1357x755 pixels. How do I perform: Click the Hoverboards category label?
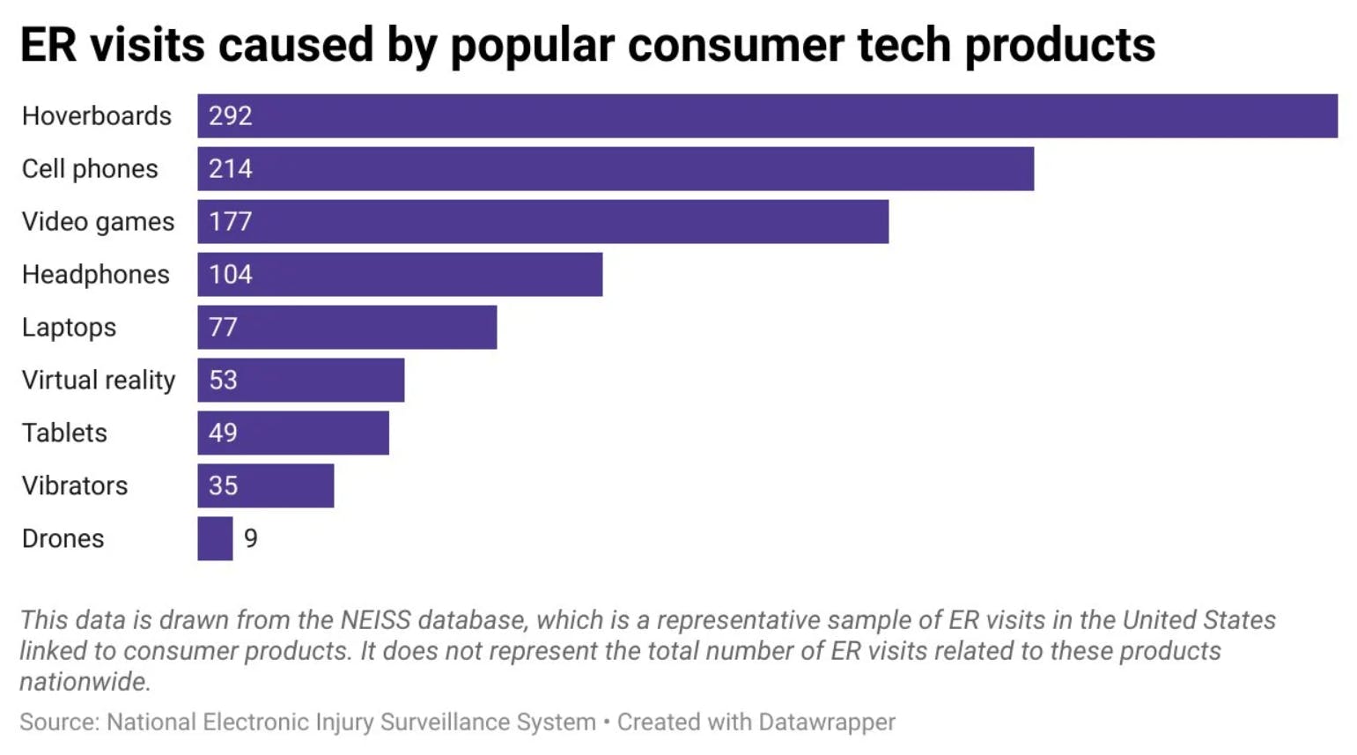tap(97, 116)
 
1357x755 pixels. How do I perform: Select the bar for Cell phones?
tap(616, 169)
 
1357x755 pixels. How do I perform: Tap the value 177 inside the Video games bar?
tap(231, 222)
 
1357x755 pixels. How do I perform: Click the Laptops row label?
tap(69, 328)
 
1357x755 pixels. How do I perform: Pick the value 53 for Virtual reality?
tap(223, 381)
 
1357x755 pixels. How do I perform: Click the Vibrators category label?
tap(75, 486)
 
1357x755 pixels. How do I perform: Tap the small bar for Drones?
tap(215, 539)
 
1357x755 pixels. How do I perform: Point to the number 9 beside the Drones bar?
tap(251, 539)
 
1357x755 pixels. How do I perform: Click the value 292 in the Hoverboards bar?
tap(231, 116)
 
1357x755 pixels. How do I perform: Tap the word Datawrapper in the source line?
tap(826, 722)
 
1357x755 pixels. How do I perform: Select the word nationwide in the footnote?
tap(85, 682)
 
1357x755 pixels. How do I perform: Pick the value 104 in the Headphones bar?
tap(231, 275)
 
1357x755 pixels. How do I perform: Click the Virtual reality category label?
tap(99, 381)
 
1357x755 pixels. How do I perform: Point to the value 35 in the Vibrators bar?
tap(223, 486)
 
